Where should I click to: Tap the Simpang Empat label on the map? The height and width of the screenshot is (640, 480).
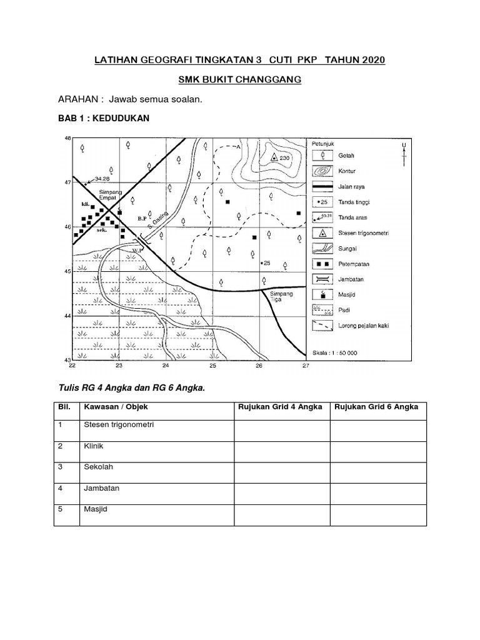pos(111,193)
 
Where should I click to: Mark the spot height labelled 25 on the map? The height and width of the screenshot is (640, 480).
pos(265,263)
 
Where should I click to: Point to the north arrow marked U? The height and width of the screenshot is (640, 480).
pos(404,154)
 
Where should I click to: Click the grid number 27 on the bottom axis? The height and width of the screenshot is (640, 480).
pos(305,366)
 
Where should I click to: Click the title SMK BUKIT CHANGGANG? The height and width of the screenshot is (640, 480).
pos(239,80)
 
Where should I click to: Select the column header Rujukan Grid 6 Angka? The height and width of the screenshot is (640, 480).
pos(377,407)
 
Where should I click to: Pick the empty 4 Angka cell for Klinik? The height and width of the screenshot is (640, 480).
pos(282,451)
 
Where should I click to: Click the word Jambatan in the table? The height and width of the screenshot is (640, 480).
pos(101,488)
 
